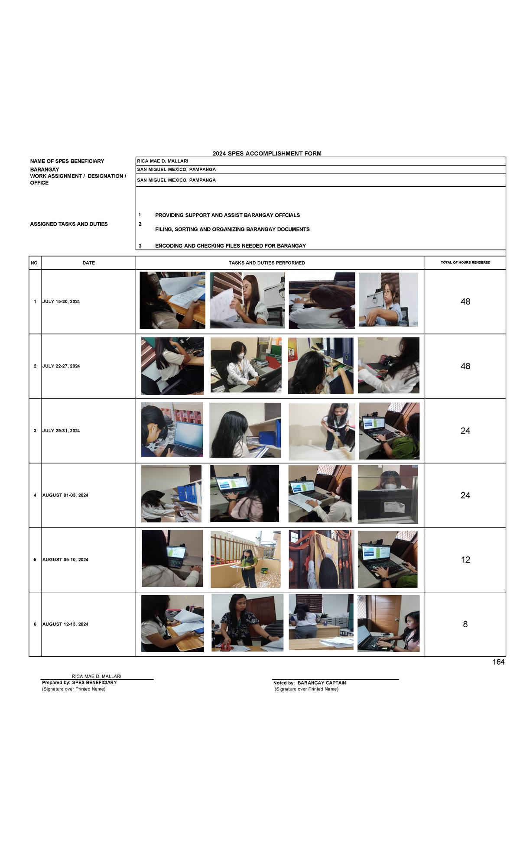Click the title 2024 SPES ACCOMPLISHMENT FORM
click(267, 153)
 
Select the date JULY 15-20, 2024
click(61, 302)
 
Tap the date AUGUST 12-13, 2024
click(65, 624)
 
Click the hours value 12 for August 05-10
click(465, 560)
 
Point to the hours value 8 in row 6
click(465, 624)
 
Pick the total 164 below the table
click(498, 662)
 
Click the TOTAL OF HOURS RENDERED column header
click(465, 263)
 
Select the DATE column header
click(89, 263)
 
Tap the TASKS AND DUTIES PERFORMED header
click(267, 263)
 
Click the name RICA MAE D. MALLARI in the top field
click(162, 161)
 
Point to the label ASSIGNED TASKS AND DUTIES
click(69, 224)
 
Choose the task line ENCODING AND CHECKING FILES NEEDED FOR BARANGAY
click(231, 246)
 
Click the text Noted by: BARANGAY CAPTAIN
click(309, 683)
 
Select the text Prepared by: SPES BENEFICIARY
click(79, 682)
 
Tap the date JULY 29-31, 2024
click(61, 431)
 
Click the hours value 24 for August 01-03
click(465, 495)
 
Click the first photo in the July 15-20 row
click(172, 300)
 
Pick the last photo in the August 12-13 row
click(388, 623)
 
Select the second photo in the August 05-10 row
click(245, 559)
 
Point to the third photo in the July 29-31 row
click(322, 431)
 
